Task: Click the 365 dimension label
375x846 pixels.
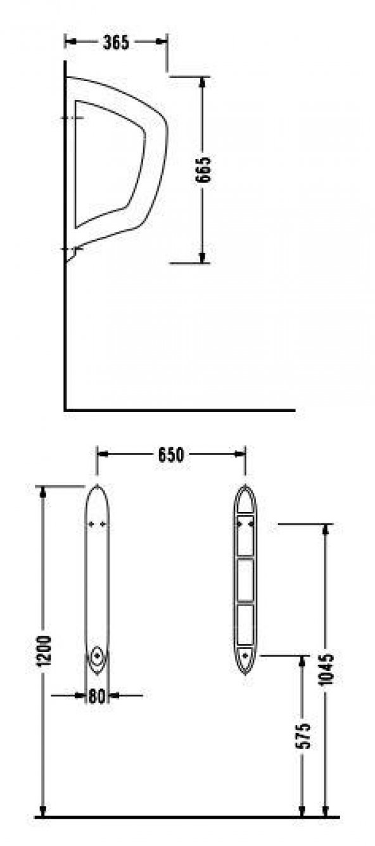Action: tap(116, 42)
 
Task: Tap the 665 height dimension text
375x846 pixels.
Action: tap(203, 170)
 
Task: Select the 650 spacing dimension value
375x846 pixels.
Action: tap(170, 454)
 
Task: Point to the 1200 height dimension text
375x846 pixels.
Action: tap(44, 651)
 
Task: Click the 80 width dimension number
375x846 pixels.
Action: tap(96, 696)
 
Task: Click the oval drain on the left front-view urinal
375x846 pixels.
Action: tap(98, 656)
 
